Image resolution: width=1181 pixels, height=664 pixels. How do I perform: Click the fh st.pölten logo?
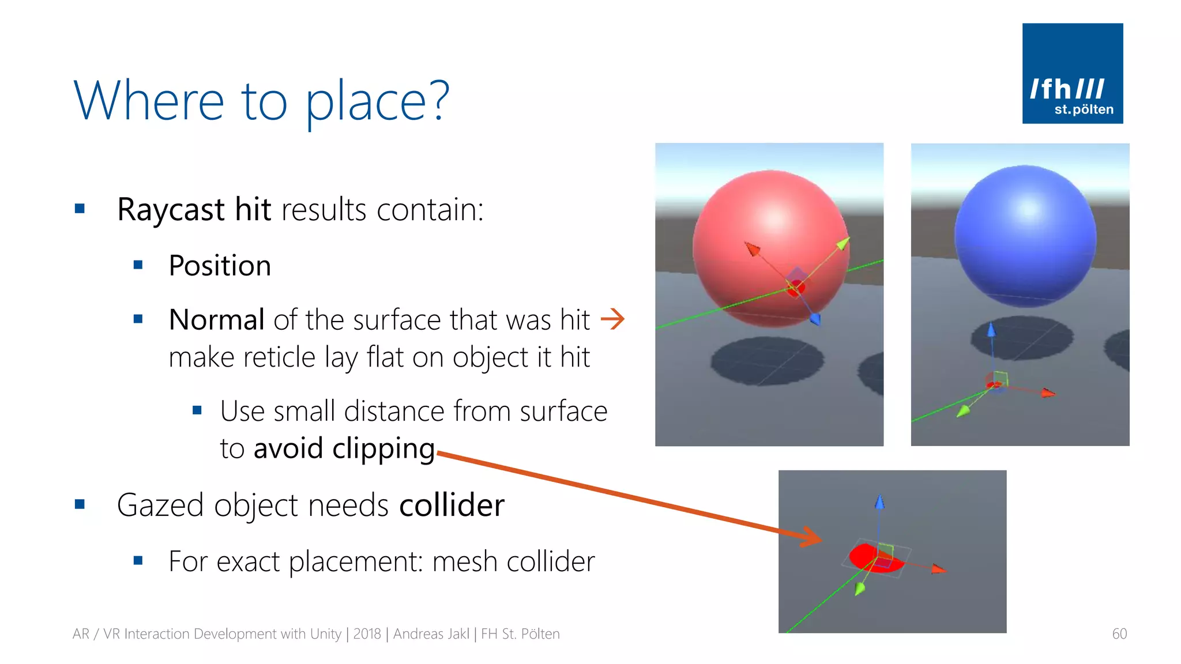pyautogui.click(x=1072, y=73)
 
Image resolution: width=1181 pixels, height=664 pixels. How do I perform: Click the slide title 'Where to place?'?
pyautogui.click(x=261, y=101)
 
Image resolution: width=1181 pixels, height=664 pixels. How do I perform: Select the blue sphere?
pyautogui.click(x=1025, y=235)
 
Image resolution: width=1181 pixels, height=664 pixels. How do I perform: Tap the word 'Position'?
pyautogui.click(x=220, y=266)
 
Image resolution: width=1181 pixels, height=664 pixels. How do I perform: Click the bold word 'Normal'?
pyautogui.click(x=216, y=319)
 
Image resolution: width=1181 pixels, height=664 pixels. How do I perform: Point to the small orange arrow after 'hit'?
pyautogui.click(x=612, y=319)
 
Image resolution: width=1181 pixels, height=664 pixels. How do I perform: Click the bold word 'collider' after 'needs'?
pyautogui.click(x=452, y=505)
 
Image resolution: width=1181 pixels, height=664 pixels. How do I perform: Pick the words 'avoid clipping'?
pyautogui.click(x=344, y=448)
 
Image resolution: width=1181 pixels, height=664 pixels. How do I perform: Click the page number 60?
pyautogui.click(x=1119, y=634)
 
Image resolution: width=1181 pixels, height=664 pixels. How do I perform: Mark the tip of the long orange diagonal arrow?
pyautogui.click(x=821, y=539)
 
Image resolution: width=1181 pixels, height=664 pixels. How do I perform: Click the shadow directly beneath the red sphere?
pyautogui.click(x=767, y=360)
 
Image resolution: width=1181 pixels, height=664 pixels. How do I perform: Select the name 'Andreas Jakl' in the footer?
pyautogui.click(x=431, y=634)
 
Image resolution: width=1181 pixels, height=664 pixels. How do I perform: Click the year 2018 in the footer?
pyautogui.click(x=367, y=634)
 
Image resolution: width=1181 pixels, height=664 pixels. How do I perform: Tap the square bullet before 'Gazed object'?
pyautogui.click(x=80, y=505)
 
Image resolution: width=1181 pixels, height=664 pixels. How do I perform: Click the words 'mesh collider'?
pyautogui.click(x=513, y=561)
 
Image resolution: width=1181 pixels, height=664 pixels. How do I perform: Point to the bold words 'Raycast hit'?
pyautogui.click(x=194, y=209)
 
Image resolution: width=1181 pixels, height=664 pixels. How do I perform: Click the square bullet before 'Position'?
pyautogui.click(x=138, y=265)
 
